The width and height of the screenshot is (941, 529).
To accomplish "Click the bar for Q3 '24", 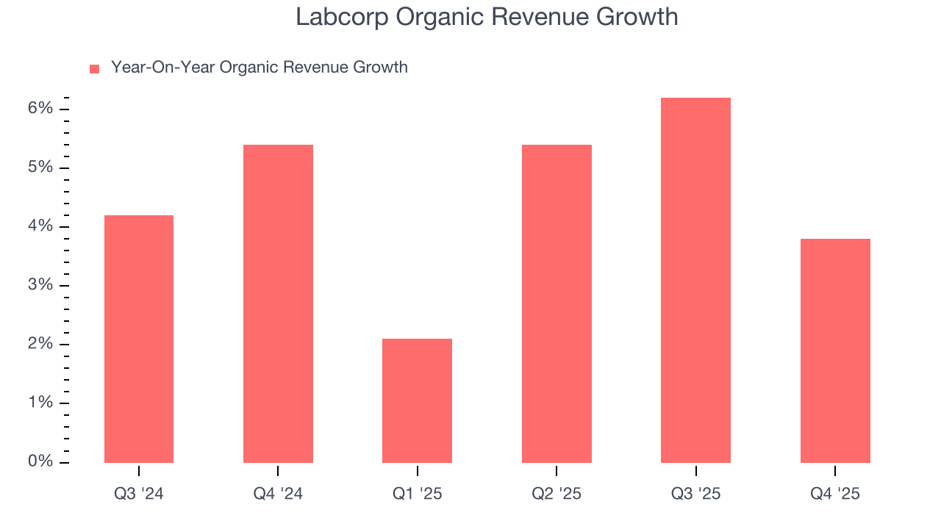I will click(139, 339).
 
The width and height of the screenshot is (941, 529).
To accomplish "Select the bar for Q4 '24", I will click(278, 303).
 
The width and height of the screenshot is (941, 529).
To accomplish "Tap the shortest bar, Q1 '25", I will click(417, 400).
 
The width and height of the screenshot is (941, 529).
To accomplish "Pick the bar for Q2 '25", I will click(557, 303).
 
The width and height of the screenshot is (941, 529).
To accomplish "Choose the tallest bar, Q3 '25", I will click(695, 280).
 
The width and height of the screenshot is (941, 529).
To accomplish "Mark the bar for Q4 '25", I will click(835, 350).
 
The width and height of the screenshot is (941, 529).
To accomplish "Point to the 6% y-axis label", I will click(41, 109).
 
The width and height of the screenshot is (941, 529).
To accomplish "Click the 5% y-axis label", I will click(41, 168).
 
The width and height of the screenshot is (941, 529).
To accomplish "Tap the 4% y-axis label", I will click(41, 226).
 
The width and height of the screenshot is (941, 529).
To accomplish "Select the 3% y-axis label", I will click(41, 285).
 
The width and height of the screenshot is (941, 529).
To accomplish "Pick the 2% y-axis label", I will click(41, 344).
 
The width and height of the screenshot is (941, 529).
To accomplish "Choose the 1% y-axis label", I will click(41, 403).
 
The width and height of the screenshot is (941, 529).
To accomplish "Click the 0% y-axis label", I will click(41, 461).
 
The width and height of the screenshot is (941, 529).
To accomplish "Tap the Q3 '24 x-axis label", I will click(139, 494).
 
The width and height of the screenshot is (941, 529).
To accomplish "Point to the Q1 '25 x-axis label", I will click(417, 494).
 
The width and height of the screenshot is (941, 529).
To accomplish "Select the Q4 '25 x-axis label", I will click(835, 494).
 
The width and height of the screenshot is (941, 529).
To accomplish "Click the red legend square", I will click(94, 68).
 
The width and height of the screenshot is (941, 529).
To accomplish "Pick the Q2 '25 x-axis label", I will click(557, 494).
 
